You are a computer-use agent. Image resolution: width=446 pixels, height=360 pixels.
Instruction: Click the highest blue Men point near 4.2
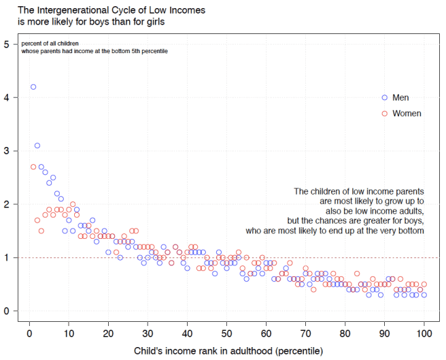coord(33,87)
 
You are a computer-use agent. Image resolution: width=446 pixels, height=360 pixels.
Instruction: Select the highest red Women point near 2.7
coord(33,167)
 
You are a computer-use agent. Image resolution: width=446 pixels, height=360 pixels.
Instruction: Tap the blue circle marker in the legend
coord(384,97)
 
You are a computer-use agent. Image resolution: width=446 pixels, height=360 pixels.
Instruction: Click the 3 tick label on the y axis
coord(6,151)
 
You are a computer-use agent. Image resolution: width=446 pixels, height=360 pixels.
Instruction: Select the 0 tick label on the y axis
coord(6,311)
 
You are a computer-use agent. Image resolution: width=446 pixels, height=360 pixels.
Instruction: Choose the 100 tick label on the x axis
coord(424,334)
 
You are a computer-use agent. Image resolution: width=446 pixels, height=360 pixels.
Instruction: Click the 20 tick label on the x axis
coord(108,334)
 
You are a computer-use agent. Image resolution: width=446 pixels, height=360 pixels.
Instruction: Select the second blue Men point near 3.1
coord(37,146)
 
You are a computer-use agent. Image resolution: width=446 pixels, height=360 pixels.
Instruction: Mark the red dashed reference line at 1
coord(272,258)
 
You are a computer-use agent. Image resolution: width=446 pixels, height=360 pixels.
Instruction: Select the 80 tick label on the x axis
coord(345,334)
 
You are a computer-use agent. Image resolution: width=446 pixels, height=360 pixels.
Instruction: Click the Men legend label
coord(401,98)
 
